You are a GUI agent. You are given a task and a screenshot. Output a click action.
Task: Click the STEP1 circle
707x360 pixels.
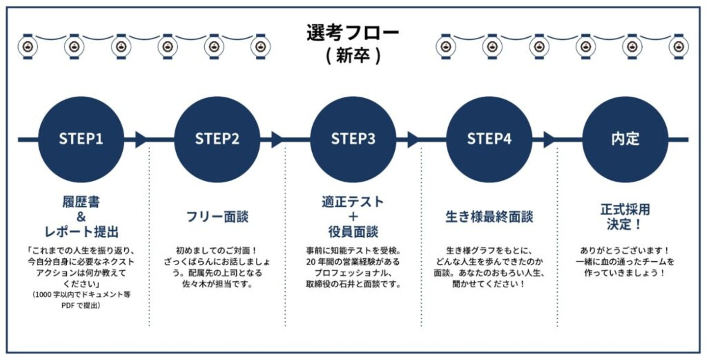(81, 139)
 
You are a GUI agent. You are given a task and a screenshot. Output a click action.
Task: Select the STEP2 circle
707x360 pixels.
(217, 139)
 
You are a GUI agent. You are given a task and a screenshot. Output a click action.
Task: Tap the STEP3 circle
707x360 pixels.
(353, 139)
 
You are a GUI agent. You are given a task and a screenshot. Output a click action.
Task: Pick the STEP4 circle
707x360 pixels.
(489, 139)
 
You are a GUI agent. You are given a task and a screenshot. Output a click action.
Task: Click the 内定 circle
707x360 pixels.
(625, 139)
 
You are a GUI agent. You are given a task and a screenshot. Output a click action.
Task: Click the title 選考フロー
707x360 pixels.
(353, 33)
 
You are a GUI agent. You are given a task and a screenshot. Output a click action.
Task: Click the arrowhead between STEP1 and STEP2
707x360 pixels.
(141, 139)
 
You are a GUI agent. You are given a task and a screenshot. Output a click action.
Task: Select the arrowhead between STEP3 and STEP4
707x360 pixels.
(413, 139)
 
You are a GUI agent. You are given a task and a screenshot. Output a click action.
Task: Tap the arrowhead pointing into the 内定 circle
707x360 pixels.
(549, 139)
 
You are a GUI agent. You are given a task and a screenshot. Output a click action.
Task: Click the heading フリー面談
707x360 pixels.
(217, 217)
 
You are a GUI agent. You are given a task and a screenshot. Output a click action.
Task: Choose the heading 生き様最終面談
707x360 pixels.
(489, 217)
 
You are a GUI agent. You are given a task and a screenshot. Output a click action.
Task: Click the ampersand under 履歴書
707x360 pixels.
(81, 217)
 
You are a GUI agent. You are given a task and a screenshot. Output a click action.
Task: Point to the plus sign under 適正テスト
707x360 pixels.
(353, 217)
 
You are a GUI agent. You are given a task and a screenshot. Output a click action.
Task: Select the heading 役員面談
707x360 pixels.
(353, 231)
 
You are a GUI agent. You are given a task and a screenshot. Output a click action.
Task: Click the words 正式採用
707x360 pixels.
(625, 209)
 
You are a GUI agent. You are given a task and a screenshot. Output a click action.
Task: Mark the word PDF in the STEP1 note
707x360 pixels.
(68, 305)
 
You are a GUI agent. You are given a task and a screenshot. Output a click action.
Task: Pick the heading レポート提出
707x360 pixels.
(81, 231)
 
